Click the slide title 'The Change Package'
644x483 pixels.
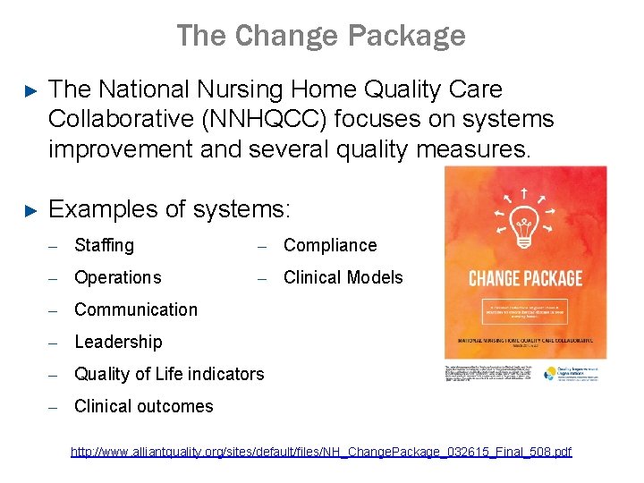tap(321, 36)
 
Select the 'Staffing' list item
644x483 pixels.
tap(104, 245)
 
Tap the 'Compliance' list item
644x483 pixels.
tap(330, 245)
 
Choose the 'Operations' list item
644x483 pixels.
tap(117, 277)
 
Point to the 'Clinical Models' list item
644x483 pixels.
tap(343, 277)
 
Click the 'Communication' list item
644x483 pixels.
tap(135, 309)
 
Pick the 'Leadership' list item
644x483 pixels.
tap(118, 342)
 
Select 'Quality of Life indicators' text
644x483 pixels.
tap(169, 374)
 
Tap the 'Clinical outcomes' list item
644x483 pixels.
tap(143, 406)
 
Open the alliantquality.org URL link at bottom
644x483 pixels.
tap(321, 453)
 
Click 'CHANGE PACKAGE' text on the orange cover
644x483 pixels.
tap(525, 278)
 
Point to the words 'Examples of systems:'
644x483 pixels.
tap(170, 209)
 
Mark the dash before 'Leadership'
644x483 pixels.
tap(54, 343)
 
